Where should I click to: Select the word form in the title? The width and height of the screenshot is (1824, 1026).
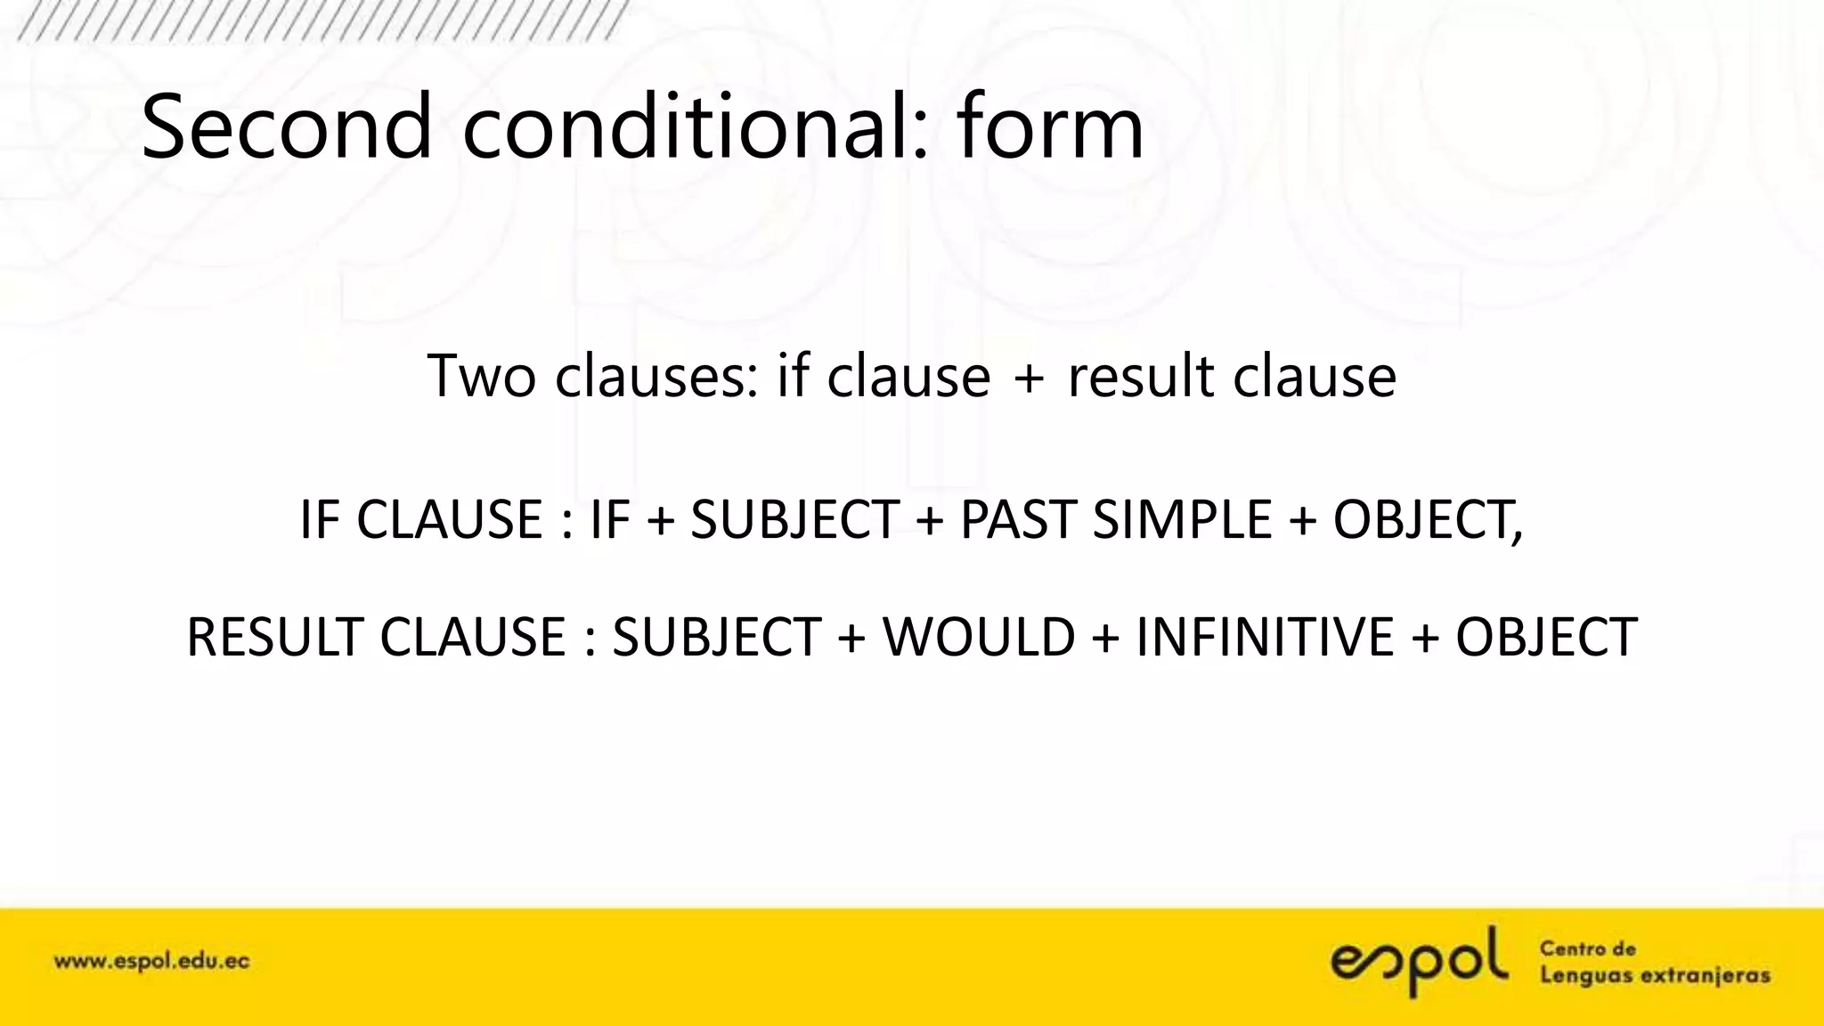(x=1051, y=126)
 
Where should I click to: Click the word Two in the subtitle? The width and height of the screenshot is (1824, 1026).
(x=481, y=376)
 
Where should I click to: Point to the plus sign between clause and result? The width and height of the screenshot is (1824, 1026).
(x=1029, y=378)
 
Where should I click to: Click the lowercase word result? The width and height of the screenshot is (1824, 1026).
(x=1141, y=376)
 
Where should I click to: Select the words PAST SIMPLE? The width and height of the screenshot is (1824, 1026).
(x=1116, y=519)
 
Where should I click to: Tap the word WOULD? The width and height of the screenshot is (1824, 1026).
(x=979, y=637)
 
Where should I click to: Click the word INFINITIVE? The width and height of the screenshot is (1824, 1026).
(x=1266, y=637)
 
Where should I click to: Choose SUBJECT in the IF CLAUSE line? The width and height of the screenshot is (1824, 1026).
(x=794, y=519)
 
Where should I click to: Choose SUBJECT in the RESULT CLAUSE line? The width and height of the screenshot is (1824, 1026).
(x=716, y=637)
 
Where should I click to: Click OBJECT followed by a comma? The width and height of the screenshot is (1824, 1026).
(x=1428, y=519)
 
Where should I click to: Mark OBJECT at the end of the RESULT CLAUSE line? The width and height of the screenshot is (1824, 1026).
(x=1546, y=637)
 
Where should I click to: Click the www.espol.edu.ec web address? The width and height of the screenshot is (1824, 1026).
(x=152, y=962)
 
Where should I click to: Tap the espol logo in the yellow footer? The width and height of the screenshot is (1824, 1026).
(x=1420, y=962)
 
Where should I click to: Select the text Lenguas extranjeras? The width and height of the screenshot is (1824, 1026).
(x=1655, y=976)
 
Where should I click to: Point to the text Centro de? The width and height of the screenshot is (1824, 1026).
(x=1588, y=949)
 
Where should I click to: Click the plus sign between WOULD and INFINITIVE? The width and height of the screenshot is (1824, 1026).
(x=1105, y=638)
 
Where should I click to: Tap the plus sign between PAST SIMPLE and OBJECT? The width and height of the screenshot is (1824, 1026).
(x=1302, y=520)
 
